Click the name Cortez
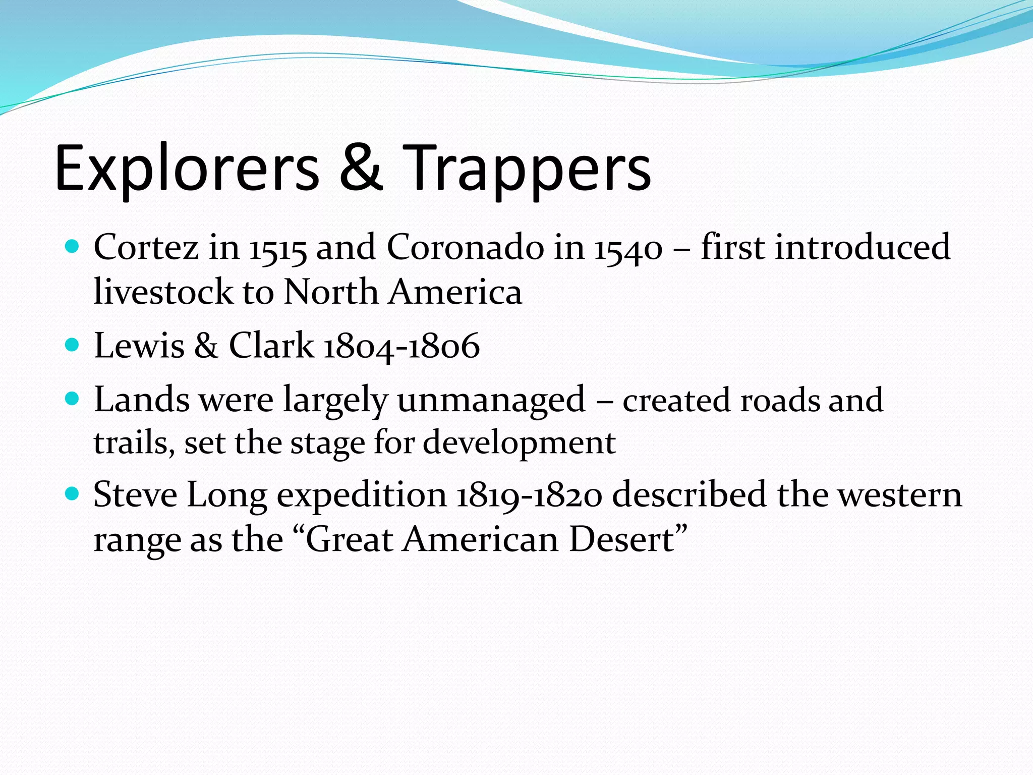coord(146,247)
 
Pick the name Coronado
coord(466,247)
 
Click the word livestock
coord(163,292)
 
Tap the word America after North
coord(455,292)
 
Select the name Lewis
coord(139,346)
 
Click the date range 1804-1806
coord(401,347)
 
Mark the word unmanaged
coord(491,400)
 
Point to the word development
coord(519,443)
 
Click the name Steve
coord(135,494)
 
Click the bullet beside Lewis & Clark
coord(73,345)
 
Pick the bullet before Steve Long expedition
coord(73,493)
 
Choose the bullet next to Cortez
coord(73,247)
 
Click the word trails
coord(134,443)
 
